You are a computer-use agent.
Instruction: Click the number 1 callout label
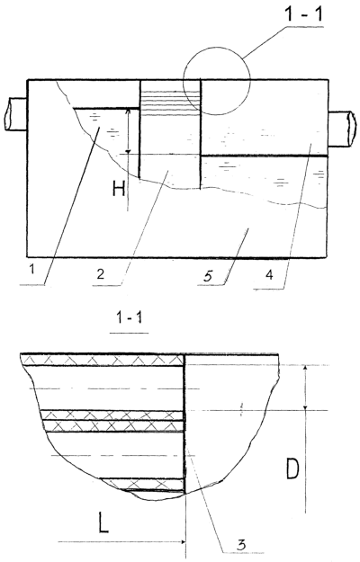(x=31, y=269)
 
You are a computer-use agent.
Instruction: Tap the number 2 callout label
(x=101, y=274)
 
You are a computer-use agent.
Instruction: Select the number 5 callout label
(x=209, y=276)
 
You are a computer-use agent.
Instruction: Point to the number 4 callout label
(x=269, y=275)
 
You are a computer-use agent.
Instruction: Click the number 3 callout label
(x=241, y=544)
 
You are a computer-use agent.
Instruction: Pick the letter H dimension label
(x=119, y=188)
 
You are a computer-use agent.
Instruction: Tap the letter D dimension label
(x=292, y=468)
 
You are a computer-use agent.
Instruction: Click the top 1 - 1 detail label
(x=303, y=14)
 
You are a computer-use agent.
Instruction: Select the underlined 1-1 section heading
(x=129, y=318)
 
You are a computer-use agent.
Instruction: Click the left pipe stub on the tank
(x=15, y=114)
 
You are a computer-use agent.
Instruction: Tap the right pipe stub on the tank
(x=342, y=129)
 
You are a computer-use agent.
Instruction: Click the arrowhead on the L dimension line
(x=182, y=541)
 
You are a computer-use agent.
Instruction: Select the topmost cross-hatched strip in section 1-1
(x=102, y=360)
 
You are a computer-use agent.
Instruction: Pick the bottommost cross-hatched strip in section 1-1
(x=143, y=484)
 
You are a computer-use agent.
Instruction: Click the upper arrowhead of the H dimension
(x=128, y=112)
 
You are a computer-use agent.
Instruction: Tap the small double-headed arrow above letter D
(x=305, y=388)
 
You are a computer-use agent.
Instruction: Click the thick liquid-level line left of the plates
(x=106, y=108)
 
